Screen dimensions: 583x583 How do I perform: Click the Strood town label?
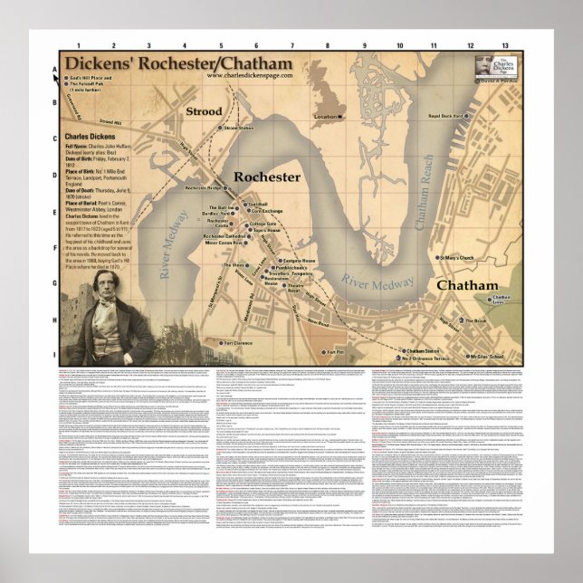point(204,111)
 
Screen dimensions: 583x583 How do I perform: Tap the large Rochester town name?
point(266,177)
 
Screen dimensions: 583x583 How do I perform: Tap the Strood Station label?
point(239,129)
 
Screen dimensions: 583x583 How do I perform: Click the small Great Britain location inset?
point(325,98)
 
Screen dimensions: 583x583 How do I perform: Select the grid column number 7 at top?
point(292,44)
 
